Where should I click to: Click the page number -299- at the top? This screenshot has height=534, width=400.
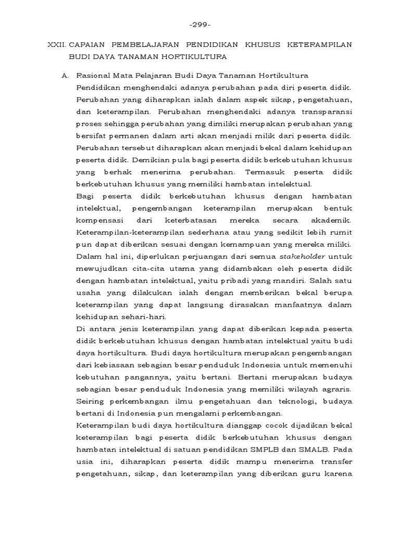[x=199, y=25]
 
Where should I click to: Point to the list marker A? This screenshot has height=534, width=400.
[x=65, y=76]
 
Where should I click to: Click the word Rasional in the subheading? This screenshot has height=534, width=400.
[x=92, y=76]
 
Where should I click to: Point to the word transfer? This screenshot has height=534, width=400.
[x=336, y=462]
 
